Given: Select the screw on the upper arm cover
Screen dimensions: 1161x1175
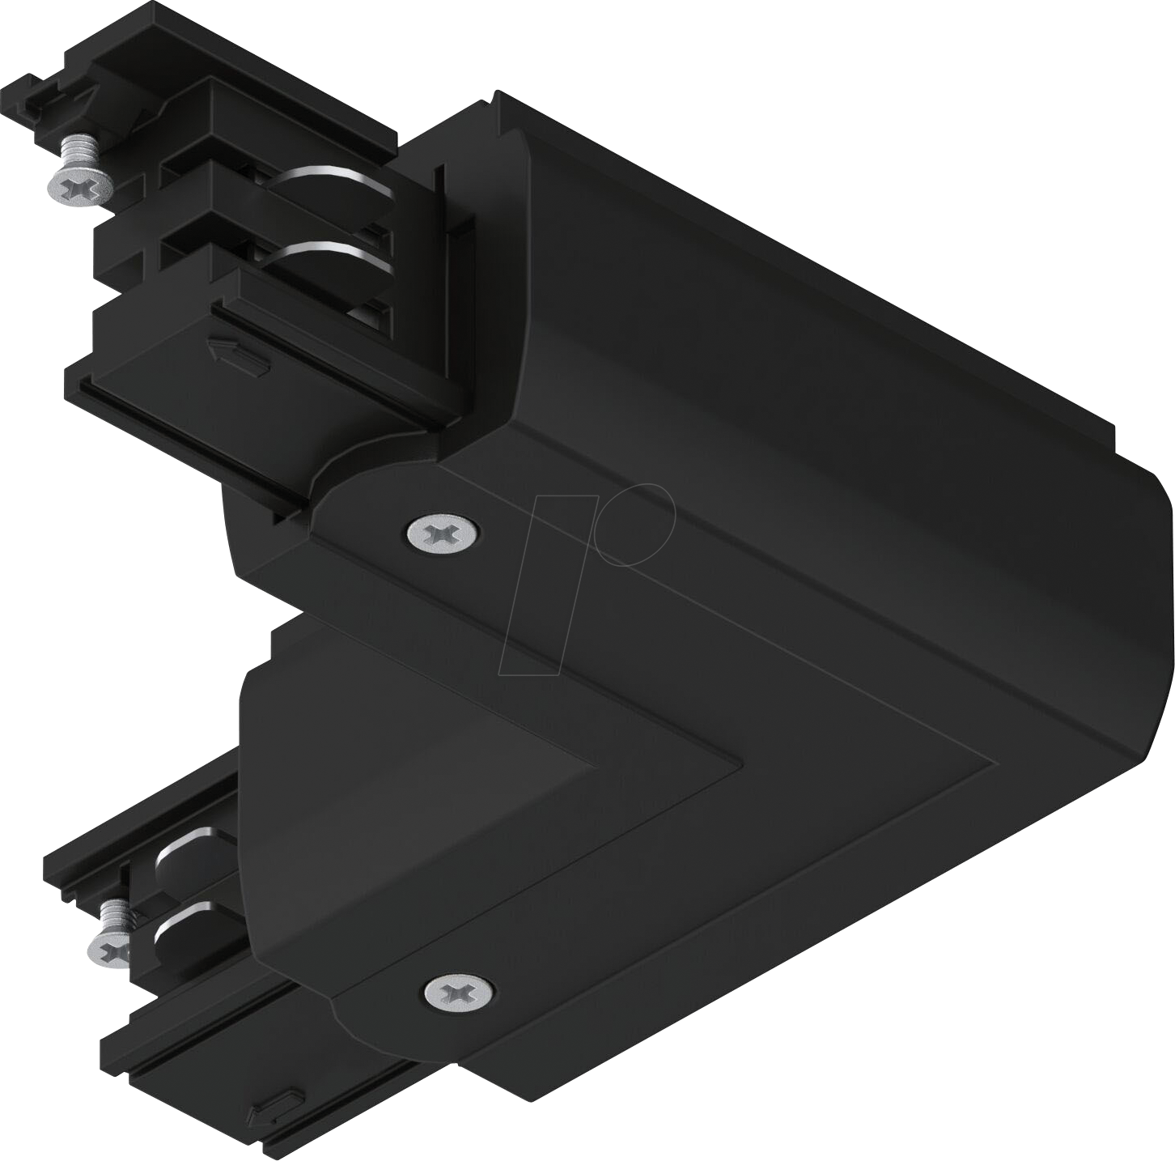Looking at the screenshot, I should [x=443, y=532].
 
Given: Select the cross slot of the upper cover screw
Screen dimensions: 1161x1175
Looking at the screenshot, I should [x=443, y=532].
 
